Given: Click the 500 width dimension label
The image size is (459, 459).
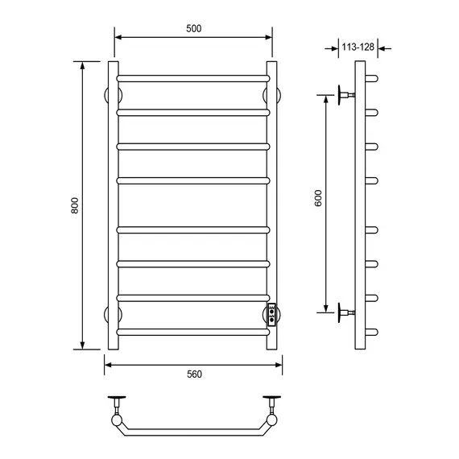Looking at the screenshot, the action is click(x=194, y=28).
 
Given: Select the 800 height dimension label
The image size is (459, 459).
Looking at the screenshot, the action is click(x=75, y=205).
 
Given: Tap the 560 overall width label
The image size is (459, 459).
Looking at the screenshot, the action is click(x=194, y=374).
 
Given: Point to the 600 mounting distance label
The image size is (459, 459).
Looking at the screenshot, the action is click(x=318, y=198).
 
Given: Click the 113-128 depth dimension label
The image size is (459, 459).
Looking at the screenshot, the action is click(x=358, y=47).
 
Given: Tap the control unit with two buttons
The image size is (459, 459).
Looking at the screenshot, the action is click(x=271, y=315).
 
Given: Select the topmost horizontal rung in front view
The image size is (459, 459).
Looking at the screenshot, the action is click(x=193, y=78).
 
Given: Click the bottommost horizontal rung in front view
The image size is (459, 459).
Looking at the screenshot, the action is click(x=193, y=332).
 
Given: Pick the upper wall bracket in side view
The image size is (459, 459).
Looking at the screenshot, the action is click(x=346, y=95).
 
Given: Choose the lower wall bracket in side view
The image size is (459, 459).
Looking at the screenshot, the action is click(x=346, y=312).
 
